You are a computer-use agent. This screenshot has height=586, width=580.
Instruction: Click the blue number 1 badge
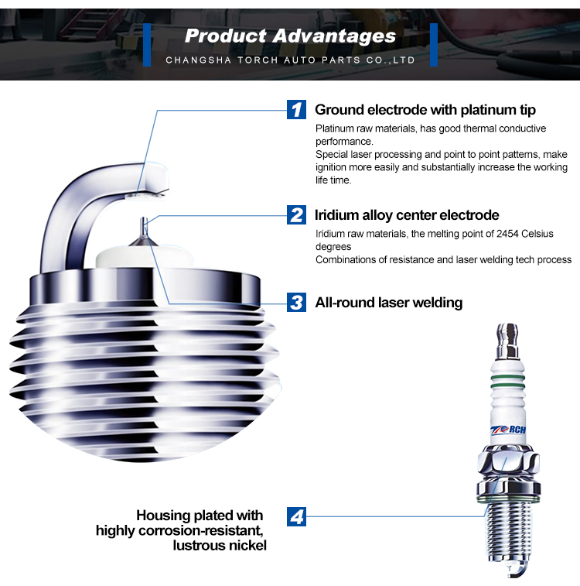[296, 109]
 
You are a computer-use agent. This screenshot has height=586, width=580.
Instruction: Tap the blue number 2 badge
[296, 215]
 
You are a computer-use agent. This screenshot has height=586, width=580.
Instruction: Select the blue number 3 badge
[296, 302]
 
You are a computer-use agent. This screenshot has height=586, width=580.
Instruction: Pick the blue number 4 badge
[296, 516]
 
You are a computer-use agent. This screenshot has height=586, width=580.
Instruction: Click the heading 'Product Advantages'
[290, 36]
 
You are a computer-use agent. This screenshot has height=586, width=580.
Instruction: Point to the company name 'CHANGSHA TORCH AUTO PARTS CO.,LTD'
[290, 60]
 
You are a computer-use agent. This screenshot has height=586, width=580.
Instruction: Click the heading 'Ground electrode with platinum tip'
[425, 110]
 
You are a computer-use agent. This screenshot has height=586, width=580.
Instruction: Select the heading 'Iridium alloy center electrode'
[407, 215]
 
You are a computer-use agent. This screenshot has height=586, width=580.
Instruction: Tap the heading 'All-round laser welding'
[389, 303]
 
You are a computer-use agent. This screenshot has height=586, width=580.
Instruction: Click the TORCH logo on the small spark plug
[508, 430]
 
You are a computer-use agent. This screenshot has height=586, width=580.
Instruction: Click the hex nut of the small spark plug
[508, 464]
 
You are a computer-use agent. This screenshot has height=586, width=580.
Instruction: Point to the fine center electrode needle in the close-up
[144, 228]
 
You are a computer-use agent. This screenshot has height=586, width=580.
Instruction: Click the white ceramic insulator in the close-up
[145, 257]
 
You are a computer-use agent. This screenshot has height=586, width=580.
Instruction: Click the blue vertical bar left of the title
[147, 45]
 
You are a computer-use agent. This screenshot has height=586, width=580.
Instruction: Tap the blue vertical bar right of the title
[434, 45]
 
